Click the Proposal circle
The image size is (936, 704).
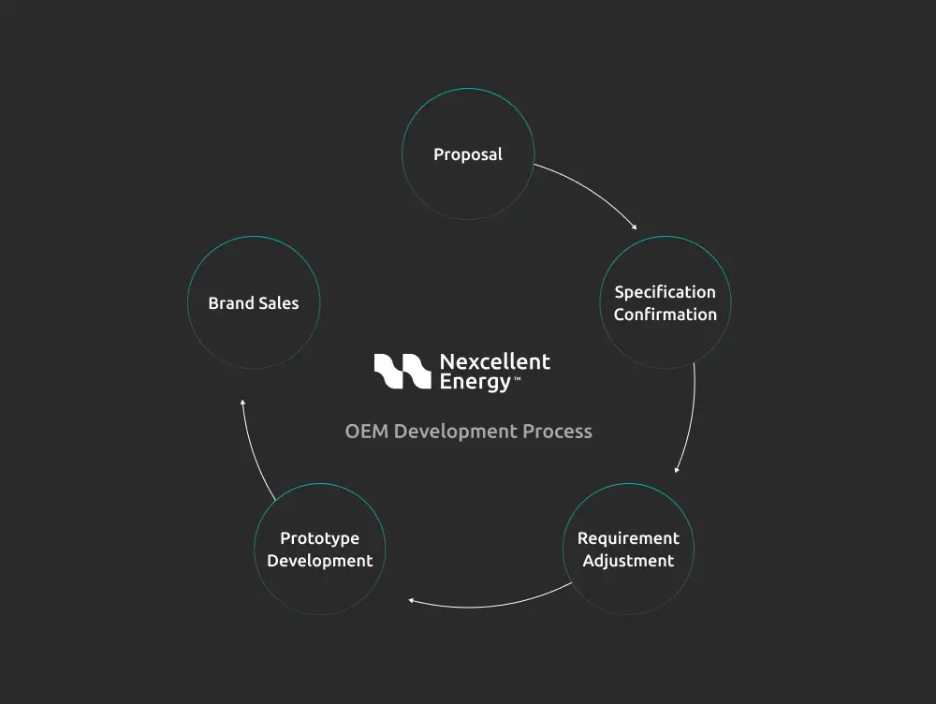pyautogui.click(x=468, y=154)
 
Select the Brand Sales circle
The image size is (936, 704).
pyautogui.click(x=254, y=302)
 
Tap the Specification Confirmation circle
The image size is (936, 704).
pyautogui.click(x=665, y=302)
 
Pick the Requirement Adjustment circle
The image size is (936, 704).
pyautogui.click(x=628, y=550)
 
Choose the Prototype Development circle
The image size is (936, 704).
pyautogui.click(x=320, y=550)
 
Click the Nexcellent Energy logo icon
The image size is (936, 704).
pyautogui.click(x=402, y=372)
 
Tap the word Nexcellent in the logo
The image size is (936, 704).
pyautogui.click(x=495, y=361)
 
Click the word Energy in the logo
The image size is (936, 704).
pyautogui.click(x=475, y=382)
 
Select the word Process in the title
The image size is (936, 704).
pyautogui.click(x=558, y=432)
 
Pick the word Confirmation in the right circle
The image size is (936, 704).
pyautogui.click(x=665, y=315)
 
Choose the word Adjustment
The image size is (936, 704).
pyautogui.click(x=628, y=561)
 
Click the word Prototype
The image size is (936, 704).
pyautogui.click(x=320, y=538)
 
